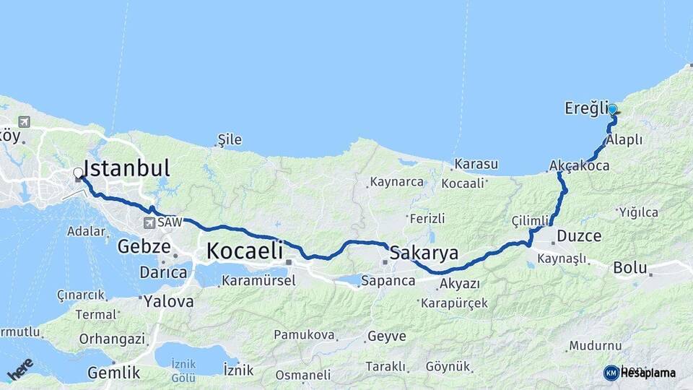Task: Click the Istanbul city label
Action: tap(128, 168)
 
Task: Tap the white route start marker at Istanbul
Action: tap(78, 173)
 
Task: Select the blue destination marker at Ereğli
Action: tap(612, 110)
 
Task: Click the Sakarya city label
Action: tap(424, 253)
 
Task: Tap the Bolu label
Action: tap(629, 267)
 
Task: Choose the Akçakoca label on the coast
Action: tap(579, 166)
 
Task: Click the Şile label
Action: tap(230, 139)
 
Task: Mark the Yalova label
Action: tap(168, 301)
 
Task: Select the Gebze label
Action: tap(144, 247)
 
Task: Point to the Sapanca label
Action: tap(388, 280)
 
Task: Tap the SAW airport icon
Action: tap(149, 223)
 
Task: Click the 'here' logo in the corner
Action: tap(20, 368)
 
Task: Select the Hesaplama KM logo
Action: tap(640, 373)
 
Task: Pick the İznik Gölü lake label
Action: tap(183, 373)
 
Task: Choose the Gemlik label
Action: tap(113, 373)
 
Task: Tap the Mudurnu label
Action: tap(595, 346)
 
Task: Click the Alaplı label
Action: tap(624, 140)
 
